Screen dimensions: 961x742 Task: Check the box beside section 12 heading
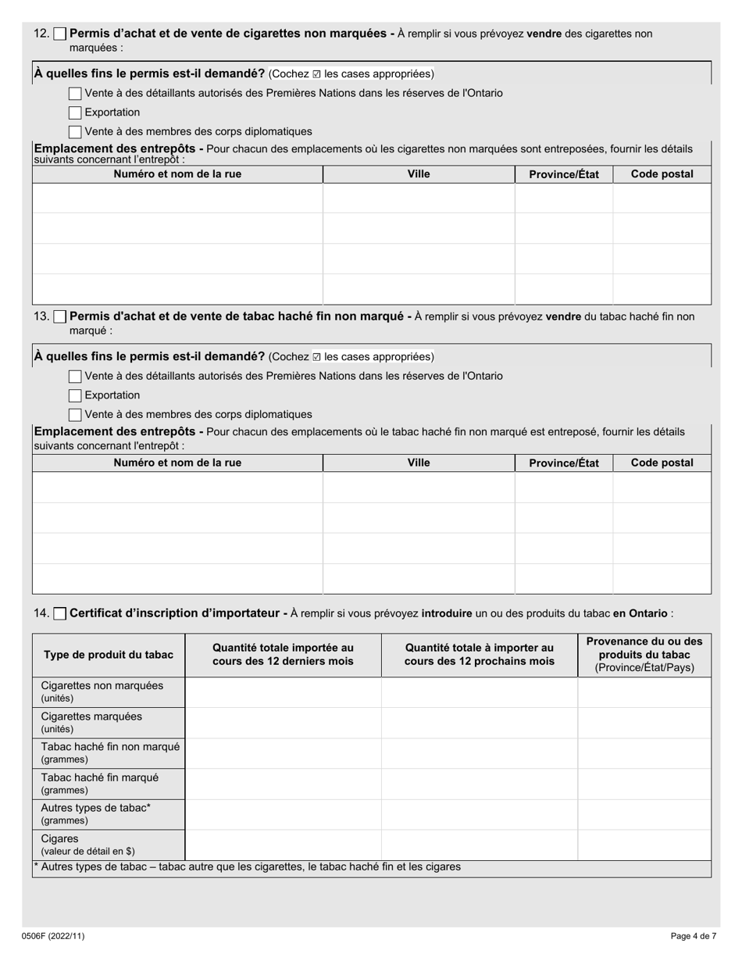coord(60,34)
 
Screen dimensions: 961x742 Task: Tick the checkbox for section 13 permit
coord(60,317)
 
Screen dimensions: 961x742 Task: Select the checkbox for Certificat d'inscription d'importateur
coord(60,614)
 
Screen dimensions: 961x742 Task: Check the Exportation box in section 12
coord(75,113)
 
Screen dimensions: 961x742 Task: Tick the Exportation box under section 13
coord(75,395)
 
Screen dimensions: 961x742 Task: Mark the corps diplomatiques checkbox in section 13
coord(75,415)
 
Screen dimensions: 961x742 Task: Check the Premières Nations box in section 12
coord(75,94)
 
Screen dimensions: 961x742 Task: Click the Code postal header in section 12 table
coord(662,174)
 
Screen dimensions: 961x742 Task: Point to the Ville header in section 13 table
coord(419,463)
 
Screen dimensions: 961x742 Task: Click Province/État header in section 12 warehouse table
coord(564,174)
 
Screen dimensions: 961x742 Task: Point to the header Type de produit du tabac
coord(109,655)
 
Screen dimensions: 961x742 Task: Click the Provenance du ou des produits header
coord(644,655)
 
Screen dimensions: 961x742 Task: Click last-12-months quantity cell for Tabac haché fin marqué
coord(283,784)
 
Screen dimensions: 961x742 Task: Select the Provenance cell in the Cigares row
coord(644,845)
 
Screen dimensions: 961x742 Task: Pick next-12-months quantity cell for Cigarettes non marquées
coord(479,692)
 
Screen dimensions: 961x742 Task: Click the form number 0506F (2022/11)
coord(53,936)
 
